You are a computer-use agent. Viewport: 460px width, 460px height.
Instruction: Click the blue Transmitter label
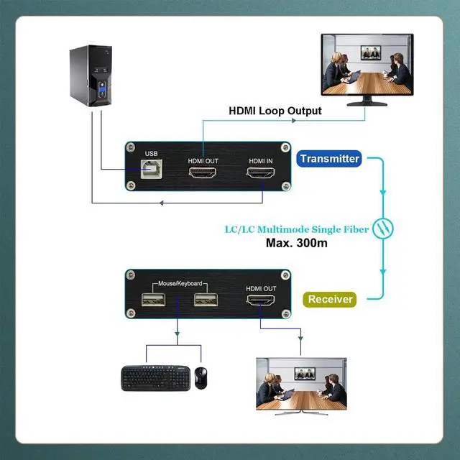pos(330,159)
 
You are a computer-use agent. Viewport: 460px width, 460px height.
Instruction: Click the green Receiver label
pos(331,299)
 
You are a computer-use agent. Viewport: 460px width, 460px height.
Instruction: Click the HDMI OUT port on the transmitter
pos(203,174)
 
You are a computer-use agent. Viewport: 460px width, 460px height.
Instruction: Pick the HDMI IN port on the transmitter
pos(260,174)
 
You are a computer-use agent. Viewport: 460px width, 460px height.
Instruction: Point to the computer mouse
pos(201,377)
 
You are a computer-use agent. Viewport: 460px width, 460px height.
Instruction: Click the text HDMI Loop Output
pos(275,111)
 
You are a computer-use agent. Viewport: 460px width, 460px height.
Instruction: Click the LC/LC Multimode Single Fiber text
pos(296,229)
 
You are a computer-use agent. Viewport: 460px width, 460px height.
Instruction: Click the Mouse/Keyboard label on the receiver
pos(178,283)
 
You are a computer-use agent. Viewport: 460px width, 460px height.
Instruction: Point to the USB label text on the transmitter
pos(151,154)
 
